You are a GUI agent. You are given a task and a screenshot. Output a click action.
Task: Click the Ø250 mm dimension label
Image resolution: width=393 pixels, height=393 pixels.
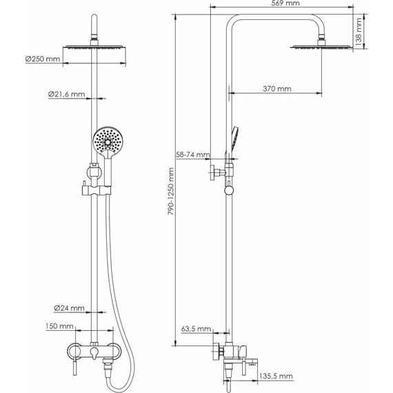point(43,59)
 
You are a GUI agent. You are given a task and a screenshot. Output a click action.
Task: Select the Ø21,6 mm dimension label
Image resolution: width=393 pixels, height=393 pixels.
point(66,94)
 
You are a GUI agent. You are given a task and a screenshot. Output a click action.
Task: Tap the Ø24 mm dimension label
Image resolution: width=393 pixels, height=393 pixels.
point(69,308)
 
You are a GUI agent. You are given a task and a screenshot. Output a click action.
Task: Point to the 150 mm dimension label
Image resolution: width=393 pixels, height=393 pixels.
point(59,326)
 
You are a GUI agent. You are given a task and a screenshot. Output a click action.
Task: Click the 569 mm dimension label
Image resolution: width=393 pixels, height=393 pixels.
point(285,3)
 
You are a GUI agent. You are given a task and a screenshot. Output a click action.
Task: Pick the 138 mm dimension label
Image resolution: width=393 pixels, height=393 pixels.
point(359,32)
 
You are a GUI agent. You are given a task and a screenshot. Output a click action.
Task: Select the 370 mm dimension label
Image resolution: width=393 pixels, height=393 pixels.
point(277,89)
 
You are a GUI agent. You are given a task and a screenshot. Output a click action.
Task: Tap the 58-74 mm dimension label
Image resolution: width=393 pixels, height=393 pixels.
point(193,154)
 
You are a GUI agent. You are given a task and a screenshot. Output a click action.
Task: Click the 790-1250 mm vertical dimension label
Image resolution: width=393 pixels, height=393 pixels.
point(171,191)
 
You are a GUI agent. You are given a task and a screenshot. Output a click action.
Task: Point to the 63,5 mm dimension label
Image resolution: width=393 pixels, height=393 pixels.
point(196,329)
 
